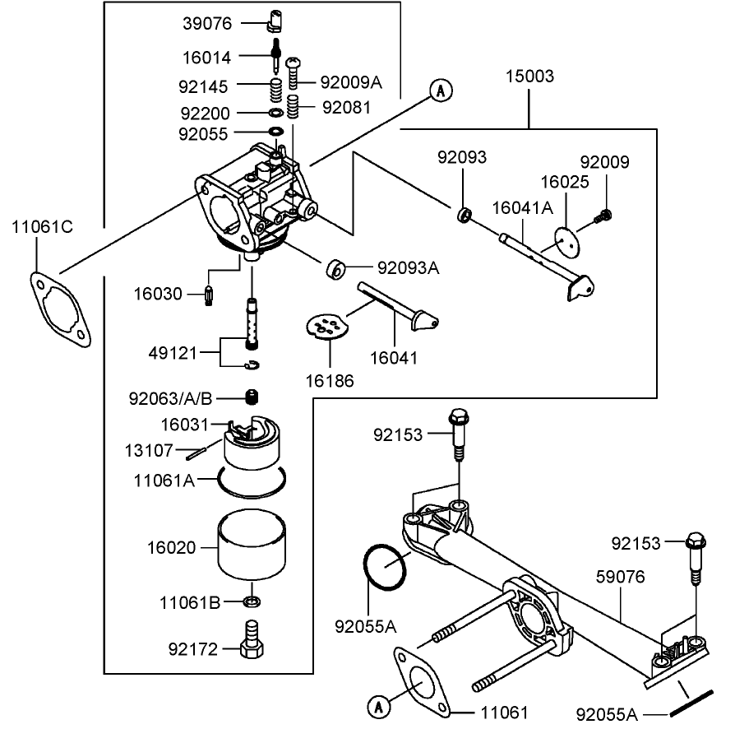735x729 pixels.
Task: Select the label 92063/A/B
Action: coord(171,399)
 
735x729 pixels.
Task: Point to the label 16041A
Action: coord(523,209)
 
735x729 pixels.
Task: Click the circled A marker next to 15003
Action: coord(441,90)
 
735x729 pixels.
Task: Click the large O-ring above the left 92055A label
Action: coord(384,566)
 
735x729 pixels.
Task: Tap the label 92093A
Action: coord(409,267)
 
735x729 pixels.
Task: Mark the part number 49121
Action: coord(171,353)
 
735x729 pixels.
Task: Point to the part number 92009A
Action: coord(351,82)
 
